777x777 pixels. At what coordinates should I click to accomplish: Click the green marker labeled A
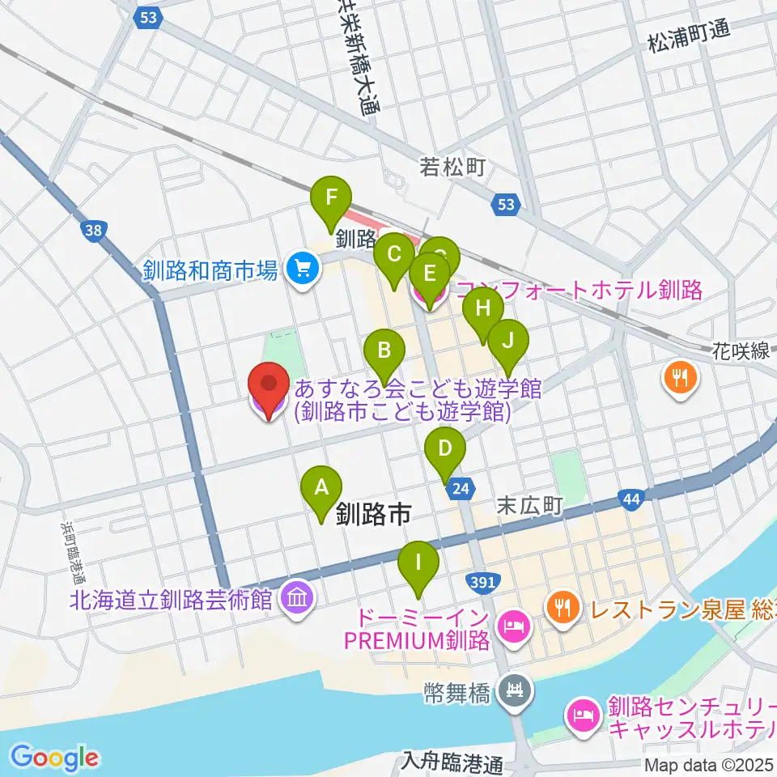pos(321,488)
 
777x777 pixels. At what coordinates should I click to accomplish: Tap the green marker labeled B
pos(384,350)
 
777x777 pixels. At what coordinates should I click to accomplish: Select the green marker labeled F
pos(332,197)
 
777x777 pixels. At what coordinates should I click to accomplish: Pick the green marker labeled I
pos(418,562)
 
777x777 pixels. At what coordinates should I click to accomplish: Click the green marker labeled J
pos(507,340)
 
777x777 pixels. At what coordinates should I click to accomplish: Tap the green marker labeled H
pos(483,308)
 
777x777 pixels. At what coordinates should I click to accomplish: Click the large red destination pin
pos(268,384)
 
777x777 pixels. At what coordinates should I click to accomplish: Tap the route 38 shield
pos(94,232)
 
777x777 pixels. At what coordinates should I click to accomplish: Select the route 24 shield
pos(461,488)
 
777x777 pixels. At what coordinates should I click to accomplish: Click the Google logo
pos(54,758)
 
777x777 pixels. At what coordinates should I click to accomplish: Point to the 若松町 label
pos(452,168)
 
